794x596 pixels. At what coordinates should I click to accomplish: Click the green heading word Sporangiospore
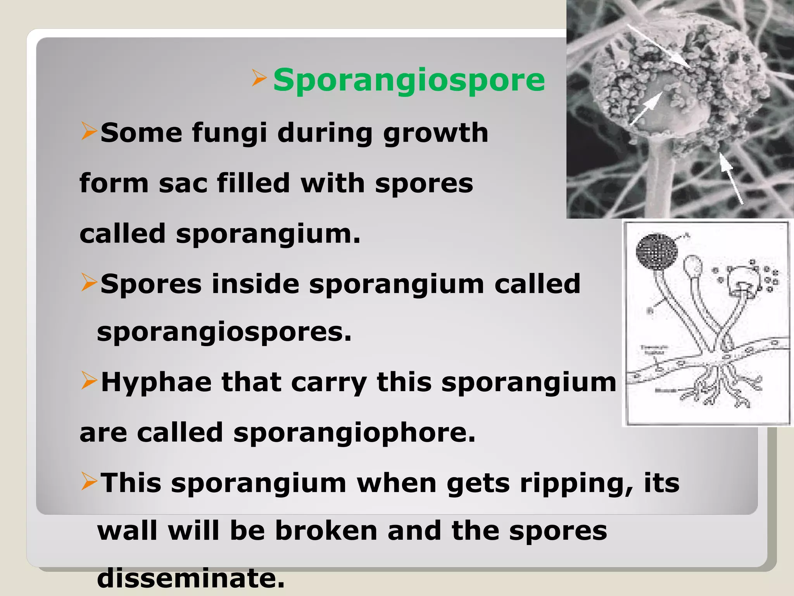point(409,80)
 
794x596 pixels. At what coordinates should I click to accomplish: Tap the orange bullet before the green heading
point(259,78)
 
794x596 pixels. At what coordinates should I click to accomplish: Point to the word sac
point(183,183)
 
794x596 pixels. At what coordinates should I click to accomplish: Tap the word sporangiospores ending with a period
point(224,332)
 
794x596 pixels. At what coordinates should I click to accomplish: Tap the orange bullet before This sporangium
point(89,482)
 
